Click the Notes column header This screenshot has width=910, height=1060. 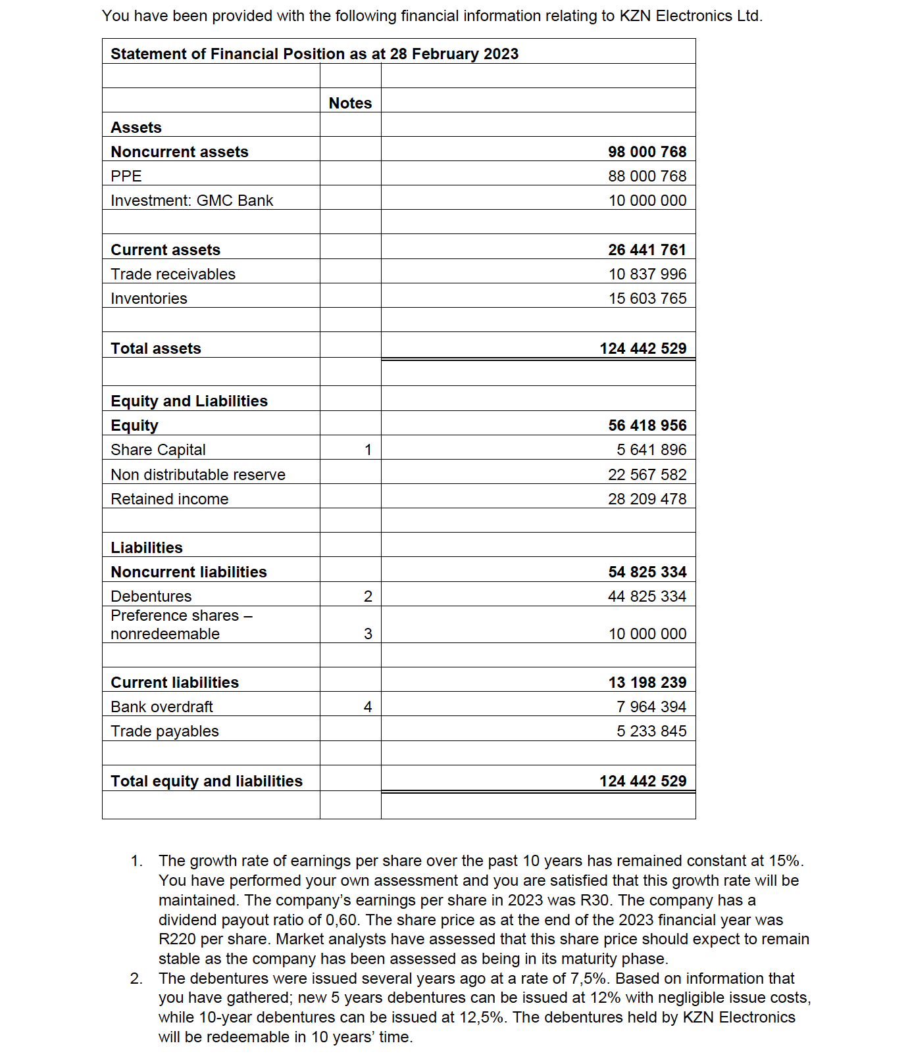click(350, 103)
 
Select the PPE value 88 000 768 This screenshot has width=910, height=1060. click(647, 176)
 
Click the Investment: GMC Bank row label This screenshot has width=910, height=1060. click(191, 201)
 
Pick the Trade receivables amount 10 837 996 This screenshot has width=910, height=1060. click(647, 274)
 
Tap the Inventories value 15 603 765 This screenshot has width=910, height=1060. click(647, 299)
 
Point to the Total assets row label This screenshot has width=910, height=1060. click(156, 349)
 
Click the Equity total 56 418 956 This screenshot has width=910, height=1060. click(647, 425)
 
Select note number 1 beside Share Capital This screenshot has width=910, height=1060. click(368, 450)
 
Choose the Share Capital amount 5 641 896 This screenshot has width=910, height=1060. click(651, 450)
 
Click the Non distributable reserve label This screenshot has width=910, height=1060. click(198, 475)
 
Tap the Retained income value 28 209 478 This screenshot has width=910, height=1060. click(647, 499)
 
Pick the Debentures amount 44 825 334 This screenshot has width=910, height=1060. click(647, 596)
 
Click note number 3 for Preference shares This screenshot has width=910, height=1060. click(368, 634)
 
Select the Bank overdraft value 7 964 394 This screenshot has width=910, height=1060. click(651, 707)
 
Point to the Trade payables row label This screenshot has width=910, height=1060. click(164, 731)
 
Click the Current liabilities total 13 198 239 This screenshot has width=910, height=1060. click(647, 683)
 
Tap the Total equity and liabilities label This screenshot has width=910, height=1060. click(207, 781)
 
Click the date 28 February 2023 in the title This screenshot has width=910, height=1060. click(454, 54)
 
